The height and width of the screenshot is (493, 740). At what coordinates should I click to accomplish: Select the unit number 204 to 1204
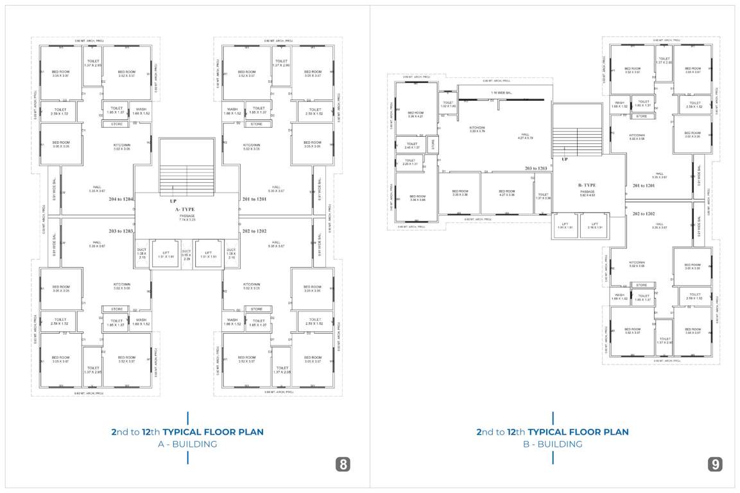pyautogui.click(x=121, y=200)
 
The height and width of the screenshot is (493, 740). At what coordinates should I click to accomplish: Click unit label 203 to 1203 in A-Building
pyautogui.click(x=121, y=230)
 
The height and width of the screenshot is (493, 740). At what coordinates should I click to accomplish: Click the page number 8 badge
pyautogui.click(x=343, y=465)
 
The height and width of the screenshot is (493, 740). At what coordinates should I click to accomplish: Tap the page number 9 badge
pyautogui.click(x=716, y=465)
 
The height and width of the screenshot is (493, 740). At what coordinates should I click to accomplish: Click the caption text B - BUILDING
pyautogui.click(x=552, y=444)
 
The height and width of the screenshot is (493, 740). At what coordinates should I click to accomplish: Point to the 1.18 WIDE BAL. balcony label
pyautogui.click(x=502, y=92)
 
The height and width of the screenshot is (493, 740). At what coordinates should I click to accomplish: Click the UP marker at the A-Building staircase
pyautogui.click(x=173, y=202)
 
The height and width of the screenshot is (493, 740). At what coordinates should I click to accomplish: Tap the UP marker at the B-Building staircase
pyautogui.click(x=565, y=159)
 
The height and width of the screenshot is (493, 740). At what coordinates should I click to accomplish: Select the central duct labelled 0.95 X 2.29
pyautogui.click(x=187, y=255)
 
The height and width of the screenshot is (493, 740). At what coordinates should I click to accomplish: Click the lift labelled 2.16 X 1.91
pyautogui.click(x=594, y=225)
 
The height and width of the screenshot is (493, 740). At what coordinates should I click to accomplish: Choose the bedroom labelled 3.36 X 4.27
pyautogui.click(x=416, y=114)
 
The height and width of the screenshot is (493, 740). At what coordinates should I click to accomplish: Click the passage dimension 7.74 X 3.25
pyautogui.click(x=187, y=218)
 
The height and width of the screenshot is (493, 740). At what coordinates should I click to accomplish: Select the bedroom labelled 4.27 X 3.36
pyautogui.click(x=506, y=193)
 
